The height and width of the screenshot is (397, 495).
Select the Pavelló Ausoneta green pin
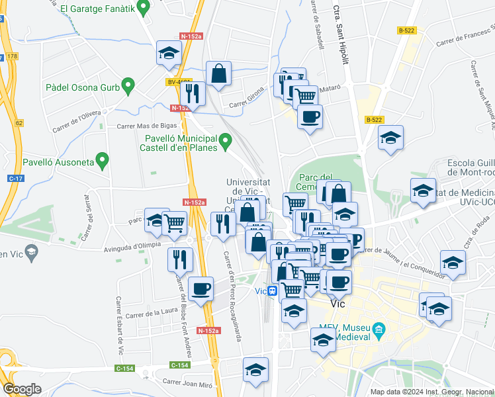tap(102, 159)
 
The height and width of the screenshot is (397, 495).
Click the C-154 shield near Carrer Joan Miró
tap(179, 365)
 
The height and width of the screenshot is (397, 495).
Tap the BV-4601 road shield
tap(177, 82)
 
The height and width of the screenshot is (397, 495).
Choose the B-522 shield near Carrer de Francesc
tap(406, 30)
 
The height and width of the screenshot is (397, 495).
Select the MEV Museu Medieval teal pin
tap(379, 329)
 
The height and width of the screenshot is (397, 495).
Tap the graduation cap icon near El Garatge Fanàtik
tap(169, 53)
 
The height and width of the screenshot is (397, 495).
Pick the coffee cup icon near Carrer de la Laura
tap(201, 288)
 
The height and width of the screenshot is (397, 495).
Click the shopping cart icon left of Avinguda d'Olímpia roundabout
tap(174, 223)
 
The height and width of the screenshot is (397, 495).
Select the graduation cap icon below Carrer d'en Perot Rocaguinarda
tap(255, 370)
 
